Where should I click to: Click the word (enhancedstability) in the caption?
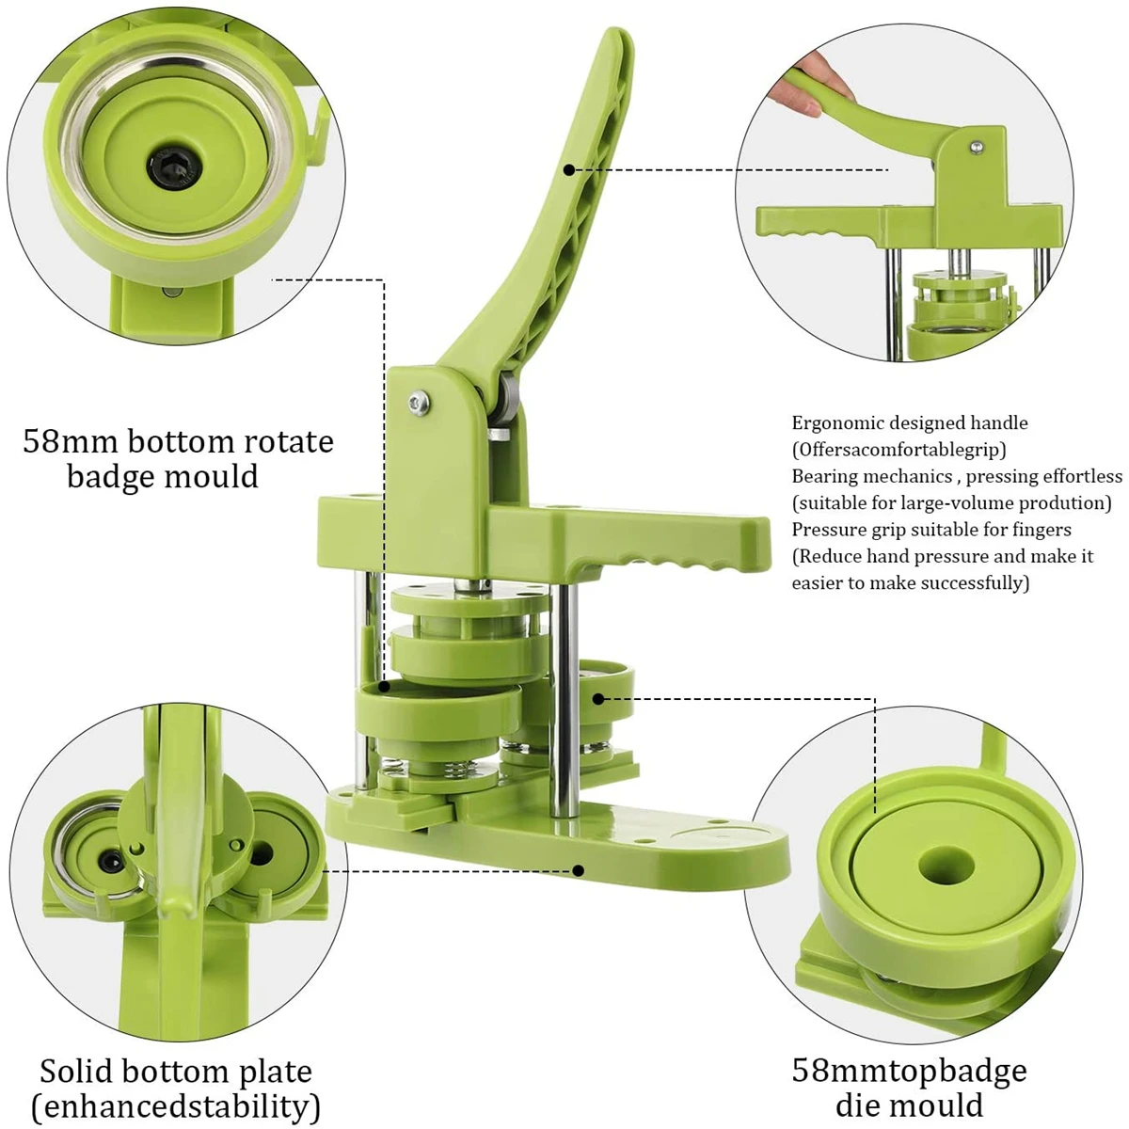[x=176, y=1105]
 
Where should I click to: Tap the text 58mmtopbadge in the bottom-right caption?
[x=909, y=1071]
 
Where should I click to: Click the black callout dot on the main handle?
[x=569, y=169]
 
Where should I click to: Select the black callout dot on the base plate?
[x=579, y=870]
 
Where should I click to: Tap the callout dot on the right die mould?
[x=598, y=699]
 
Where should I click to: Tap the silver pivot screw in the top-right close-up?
[x=978, y=147]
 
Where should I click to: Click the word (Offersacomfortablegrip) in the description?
[x=898, y=450]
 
